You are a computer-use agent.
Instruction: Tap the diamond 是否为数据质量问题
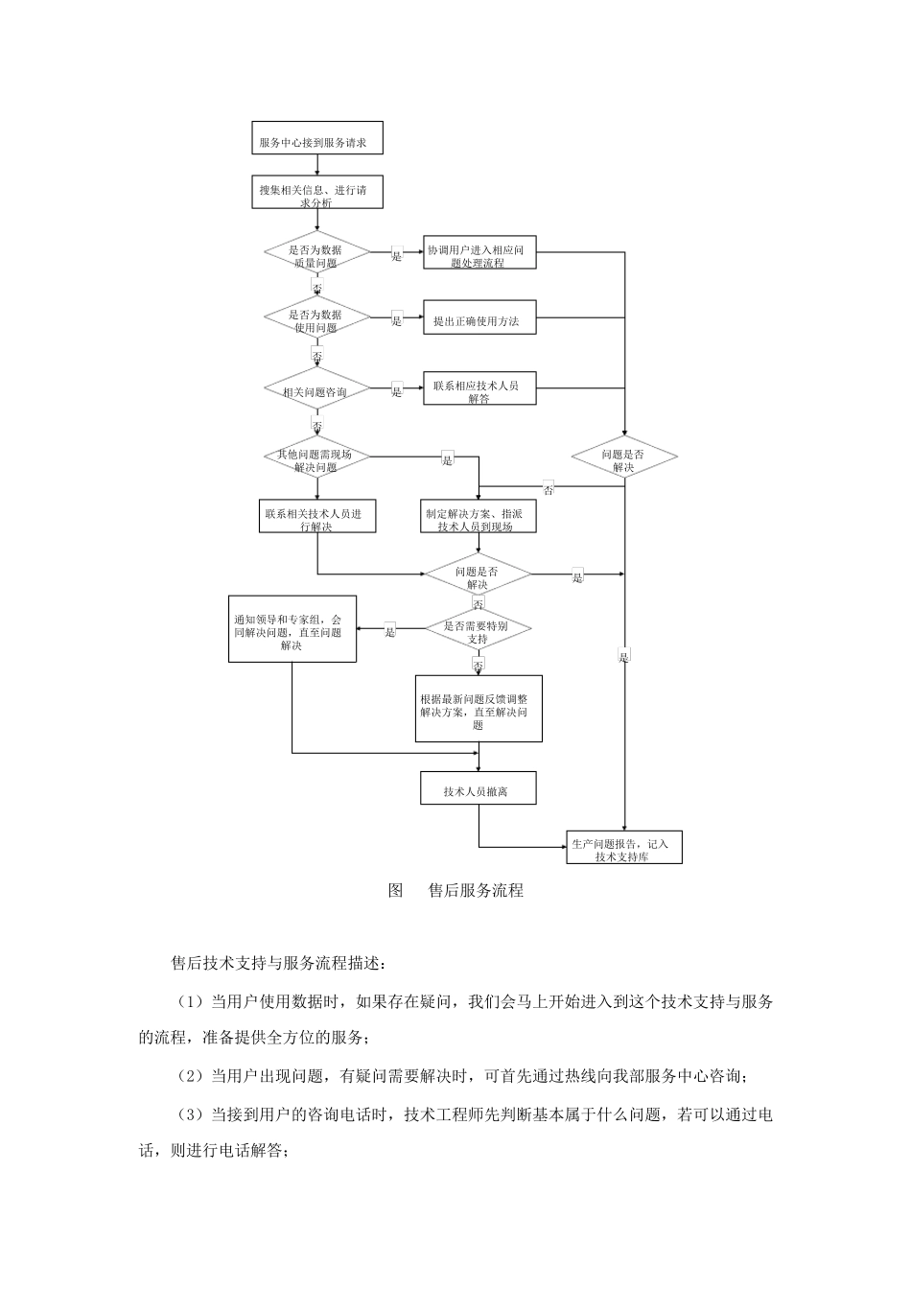316,252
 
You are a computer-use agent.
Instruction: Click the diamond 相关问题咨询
316,389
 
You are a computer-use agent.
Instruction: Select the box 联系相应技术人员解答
479,388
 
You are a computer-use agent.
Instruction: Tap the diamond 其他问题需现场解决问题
316,457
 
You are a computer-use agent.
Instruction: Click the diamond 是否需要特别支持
479,630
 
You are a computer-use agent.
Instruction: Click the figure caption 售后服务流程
476,890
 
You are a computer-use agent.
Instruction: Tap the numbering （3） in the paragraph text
192,1114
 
